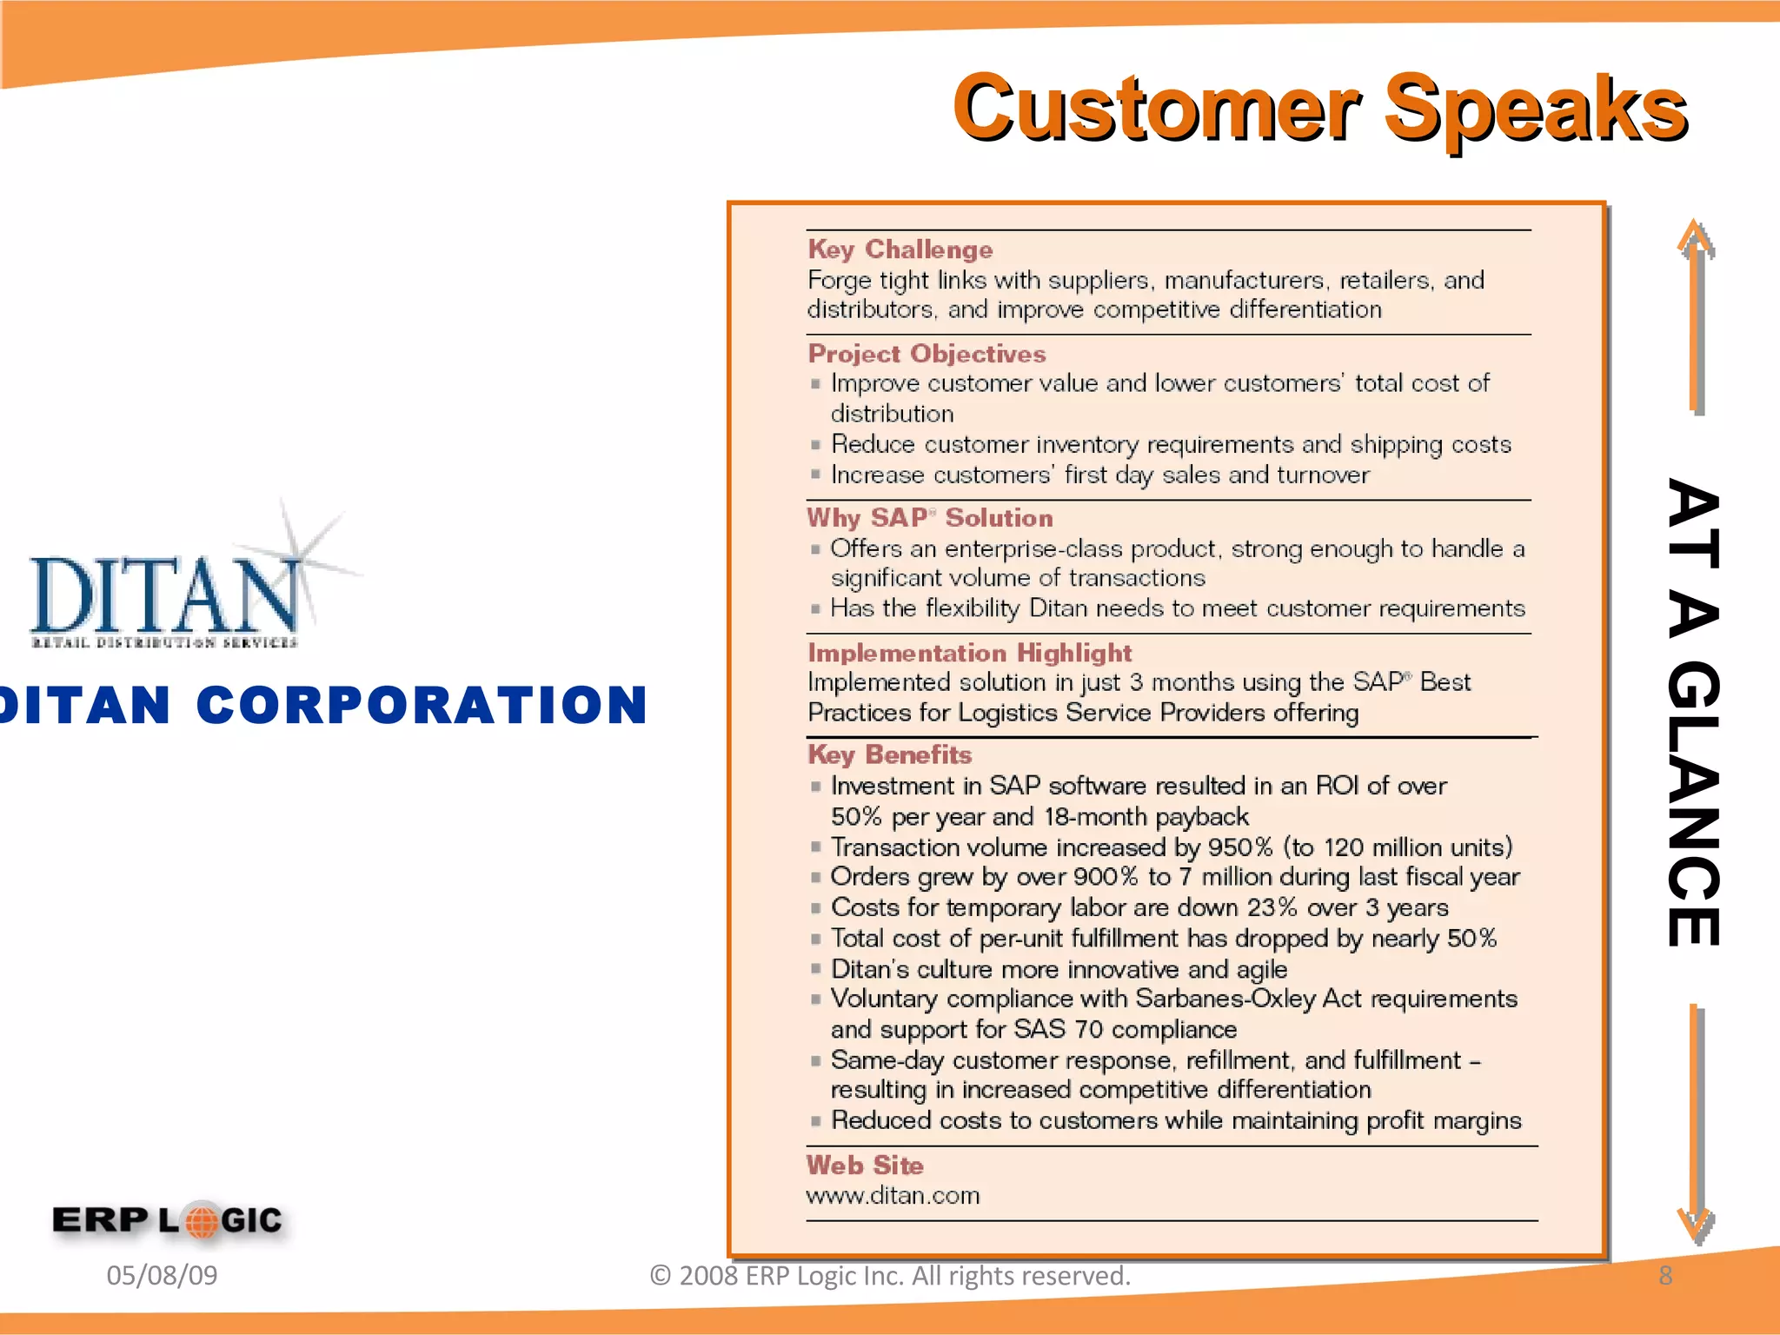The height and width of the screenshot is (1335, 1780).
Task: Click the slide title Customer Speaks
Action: [1319, 108]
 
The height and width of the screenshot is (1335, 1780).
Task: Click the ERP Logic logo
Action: [168, 1220]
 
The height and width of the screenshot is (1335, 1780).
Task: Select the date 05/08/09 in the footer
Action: [162, 1275]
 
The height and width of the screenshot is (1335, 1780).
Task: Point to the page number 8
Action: [1665, 1275]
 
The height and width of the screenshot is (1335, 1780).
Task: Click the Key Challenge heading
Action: [900, 249]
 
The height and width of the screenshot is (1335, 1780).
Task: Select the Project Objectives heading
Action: [927, 354]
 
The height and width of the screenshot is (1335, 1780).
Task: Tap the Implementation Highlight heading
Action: [969, 653]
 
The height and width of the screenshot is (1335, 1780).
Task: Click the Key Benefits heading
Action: [889, 754]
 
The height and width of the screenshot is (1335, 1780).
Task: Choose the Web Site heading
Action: [865, 1166]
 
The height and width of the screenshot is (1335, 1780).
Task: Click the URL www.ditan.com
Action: [893, 1196]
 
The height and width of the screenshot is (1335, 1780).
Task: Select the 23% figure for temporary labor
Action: [1272, 907]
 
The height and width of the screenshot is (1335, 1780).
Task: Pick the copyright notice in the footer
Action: [890, 1275]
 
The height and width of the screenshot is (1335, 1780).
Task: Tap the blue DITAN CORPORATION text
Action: [323, 704]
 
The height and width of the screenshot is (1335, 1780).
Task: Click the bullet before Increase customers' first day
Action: [815, 475]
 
